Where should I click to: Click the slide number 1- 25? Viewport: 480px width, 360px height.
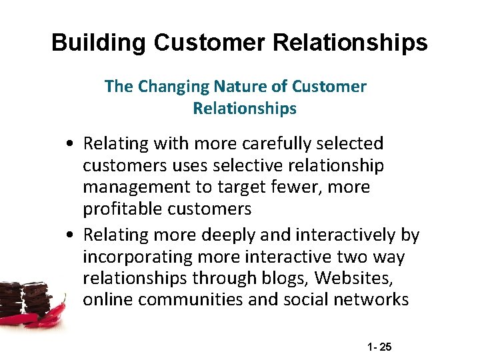[x=381, y=347]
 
